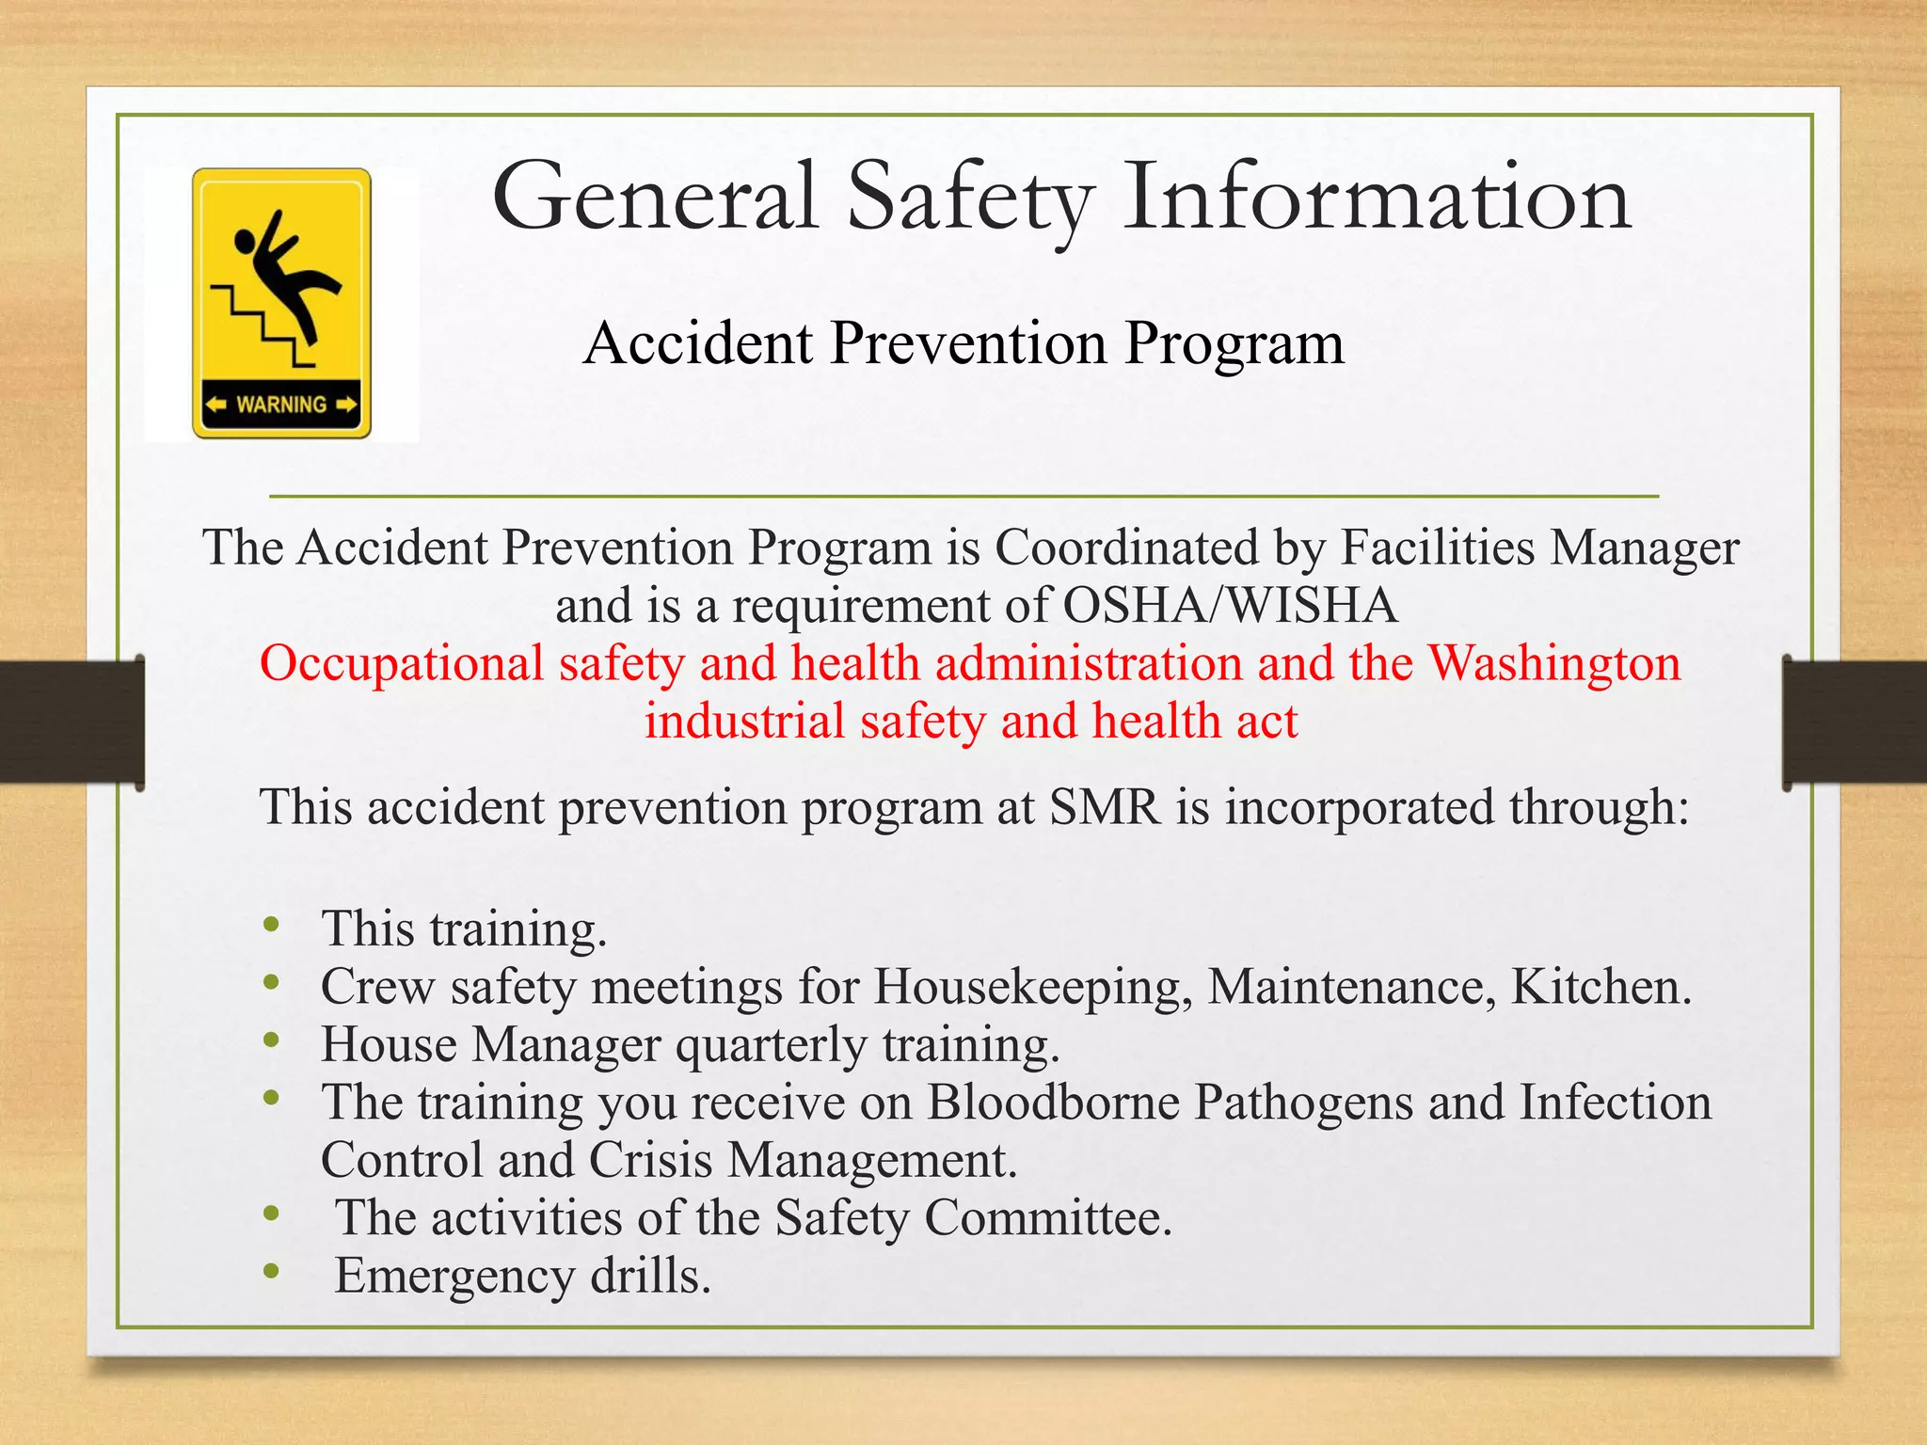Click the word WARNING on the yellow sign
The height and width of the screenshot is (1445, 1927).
point(281,405)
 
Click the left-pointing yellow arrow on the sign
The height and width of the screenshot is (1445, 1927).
point(216,405)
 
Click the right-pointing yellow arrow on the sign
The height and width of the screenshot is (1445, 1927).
point(346,405)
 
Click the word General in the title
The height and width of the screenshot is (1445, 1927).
point(655,198)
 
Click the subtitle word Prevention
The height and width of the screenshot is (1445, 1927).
point(969,343)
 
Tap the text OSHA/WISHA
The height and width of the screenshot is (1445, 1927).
point(1230,605)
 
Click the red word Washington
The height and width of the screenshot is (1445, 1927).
point(1554,663)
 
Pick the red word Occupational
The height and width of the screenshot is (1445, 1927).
point(402,663)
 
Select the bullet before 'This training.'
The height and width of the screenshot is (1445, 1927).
point(272,925)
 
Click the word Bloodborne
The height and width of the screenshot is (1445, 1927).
point(1053,1103)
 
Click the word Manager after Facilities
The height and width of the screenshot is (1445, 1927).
point(1645,548)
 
